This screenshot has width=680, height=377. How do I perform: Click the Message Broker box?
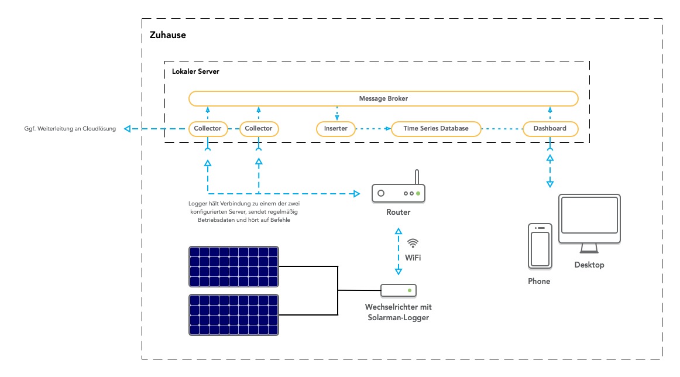coord(383,98)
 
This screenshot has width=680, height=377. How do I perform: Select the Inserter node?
coord(336,128)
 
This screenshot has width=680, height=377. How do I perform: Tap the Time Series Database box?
coord(436,128)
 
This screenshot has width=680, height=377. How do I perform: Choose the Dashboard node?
coord(550,128)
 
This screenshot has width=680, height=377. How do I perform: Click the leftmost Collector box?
coord(208,128)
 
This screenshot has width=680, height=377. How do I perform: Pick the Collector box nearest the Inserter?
coord(259,128)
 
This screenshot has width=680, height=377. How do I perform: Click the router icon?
coord(399,192)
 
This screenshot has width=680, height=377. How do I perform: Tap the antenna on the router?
coord(417,177)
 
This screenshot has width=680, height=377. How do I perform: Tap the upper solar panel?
coord(233,265)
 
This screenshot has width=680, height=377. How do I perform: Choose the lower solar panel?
coord(233,315)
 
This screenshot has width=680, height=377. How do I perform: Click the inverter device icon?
coord(399,290)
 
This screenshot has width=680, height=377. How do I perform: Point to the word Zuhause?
coord(167,35)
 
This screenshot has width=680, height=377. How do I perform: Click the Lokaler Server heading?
coord(195,71)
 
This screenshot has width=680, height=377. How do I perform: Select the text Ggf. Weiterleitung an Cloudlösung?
coord(66,128)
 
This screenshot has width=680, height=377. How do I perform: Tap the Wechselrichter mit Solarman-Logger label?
coord(399,312)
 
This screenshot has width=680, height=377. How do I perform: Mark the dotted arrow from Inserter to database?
coord(373,128)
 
